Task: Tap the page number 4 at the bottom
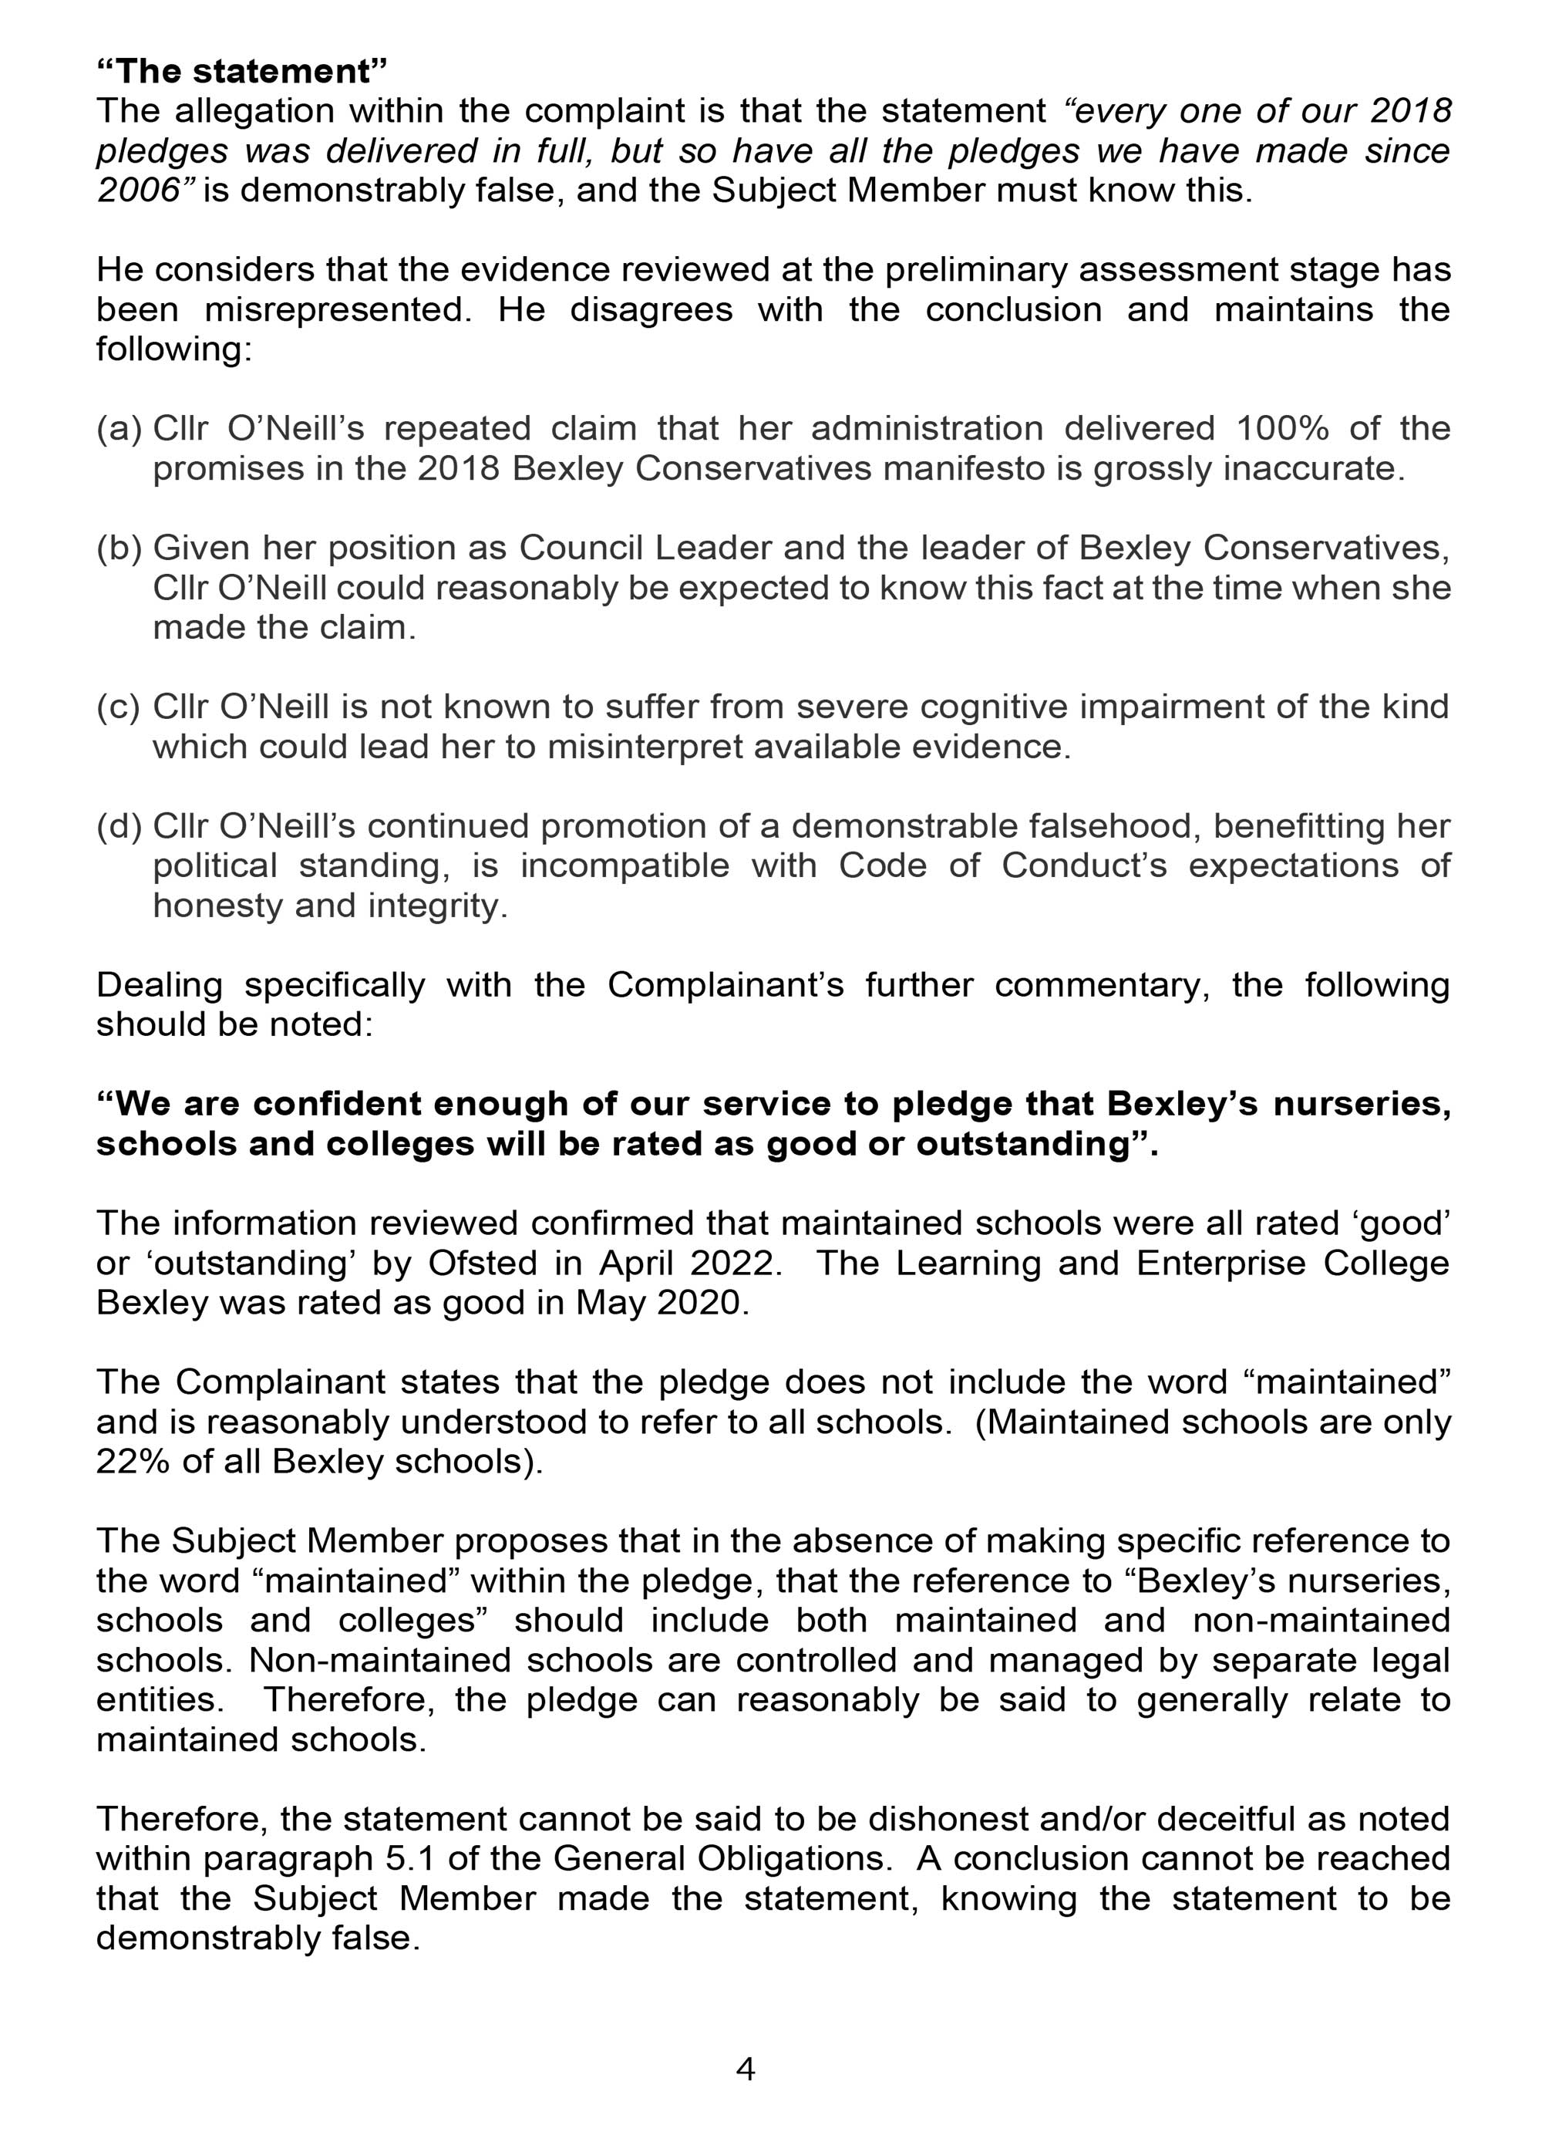click(x=746, y=2069)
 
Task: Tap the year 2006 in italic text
click(x=137, y=191)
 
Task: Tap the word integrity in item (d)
click(x=437, y=906)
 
